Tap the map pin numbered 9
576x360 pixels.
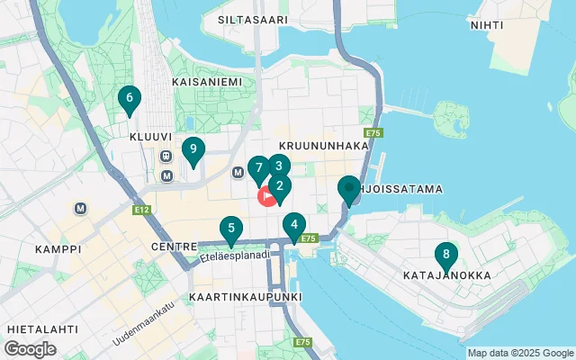tap(193, 150)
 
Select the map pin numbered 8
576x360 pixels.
tap(445, 256)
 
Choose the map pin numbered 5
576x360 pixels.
tap(231, 230)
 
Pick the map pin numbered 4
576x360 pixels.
tap(293, 226)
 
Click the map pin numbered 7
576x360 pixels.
tap(258, 168)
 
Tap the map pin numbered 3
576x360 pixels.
tap(279, 166)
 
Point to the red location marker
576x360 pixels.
tap(267, 197)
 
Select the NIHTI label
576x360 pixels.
tap(487, 25)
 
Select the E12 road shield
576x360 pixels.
tap(140, 210)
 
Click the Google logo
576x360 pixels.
tap(31, 349)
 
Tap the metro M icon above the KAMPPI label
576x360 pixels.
tap(82, 208)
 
